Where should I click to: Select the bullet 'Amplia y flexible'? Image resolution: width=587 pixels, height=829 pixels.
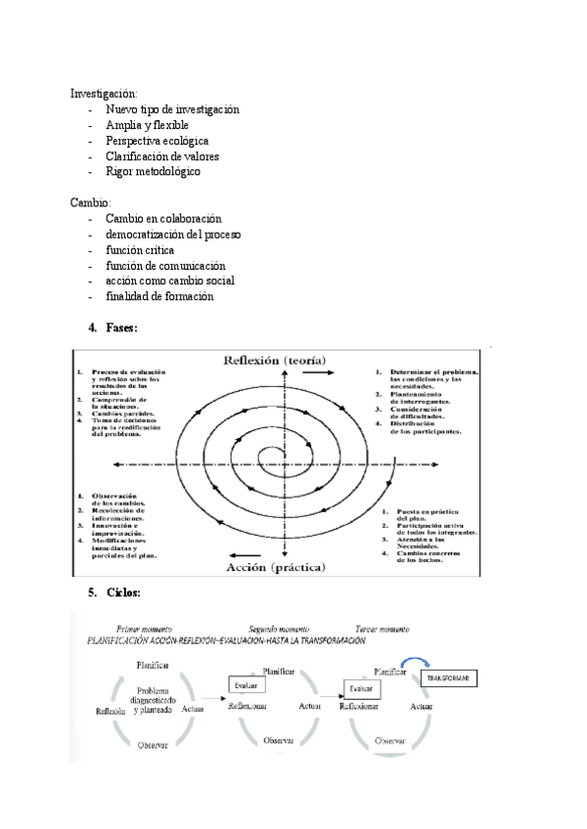(x=147, y=125)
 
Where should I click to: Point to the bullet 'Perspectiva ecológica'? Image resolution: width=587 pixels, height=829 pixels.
(x=158, y=141)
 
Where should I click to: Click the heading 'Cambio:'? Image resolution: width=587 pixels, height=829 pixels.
(x=91, y=203)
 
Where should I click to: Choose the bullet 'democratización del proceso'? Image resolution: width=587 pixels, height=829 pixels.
(x=173, y=235)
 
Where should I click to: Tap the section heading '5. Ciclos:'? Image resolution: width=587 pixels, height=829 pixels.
(x=114, y=592)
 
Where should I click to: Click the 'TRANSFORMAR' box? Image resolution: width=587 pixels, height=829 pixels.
(x=446, y=678)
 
